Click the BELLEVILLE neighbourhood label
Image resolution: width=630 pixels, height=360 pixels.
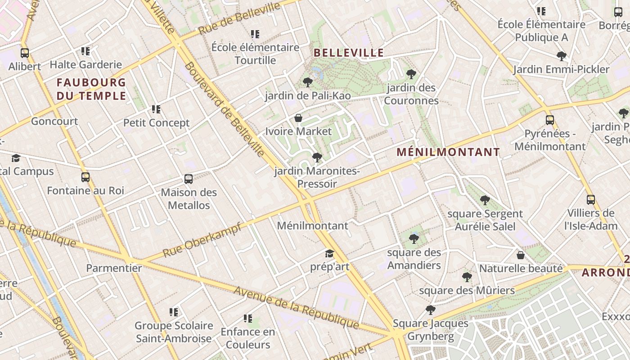(x=349, y=53)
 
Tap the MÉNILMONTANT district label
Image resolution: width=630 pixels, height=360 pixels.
(x=448, y=152)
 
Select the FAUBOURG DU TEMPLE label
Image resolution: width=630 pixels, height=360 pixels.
(x=91, y=89)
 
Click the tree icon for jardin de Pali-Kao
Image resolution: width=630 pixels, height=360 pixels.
(x=308, y=82)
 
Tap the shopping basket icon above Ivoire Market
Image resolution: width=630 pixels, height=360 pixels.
(x=298, y=118)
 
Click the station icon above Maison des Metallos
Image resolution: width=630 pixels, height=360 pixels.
(x=189, y=179)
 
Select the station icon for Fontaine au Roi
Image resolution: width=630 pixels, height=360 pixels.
(x=85, y=177)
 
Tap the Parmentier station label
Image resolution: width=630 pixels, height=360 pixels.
(x=114, y=268)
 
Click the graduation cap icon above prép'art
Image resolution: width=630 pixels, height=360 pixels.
(x=330, y=253)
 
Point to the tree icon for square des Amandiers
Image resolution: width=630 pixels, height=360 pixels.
(x=414, y=238)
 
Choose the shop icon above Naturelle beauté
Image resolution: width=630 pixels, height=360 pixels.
(x=521, y=255)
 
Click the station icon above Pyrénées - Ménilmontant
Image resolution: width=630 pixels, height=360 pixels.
(x=550, y=120)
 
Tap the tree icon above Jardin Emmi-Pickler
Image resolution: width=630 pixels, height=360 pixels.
(x=562, y=56)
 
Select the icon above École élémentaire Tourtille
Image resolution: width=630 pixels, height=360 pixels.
(x=255, y=34)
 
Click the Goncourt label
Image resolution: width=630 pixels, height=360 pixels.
(x=54, y=121)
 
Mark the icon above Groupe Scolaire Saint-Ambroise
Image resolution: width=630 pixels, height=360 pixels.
(x=174, y=312)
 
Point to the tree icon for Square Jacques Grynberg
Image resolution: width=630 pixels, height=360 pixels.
(x=431, y=310)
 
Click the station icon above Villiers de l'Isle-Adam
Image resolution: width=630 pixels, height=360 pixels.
(x=591, y=199)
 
